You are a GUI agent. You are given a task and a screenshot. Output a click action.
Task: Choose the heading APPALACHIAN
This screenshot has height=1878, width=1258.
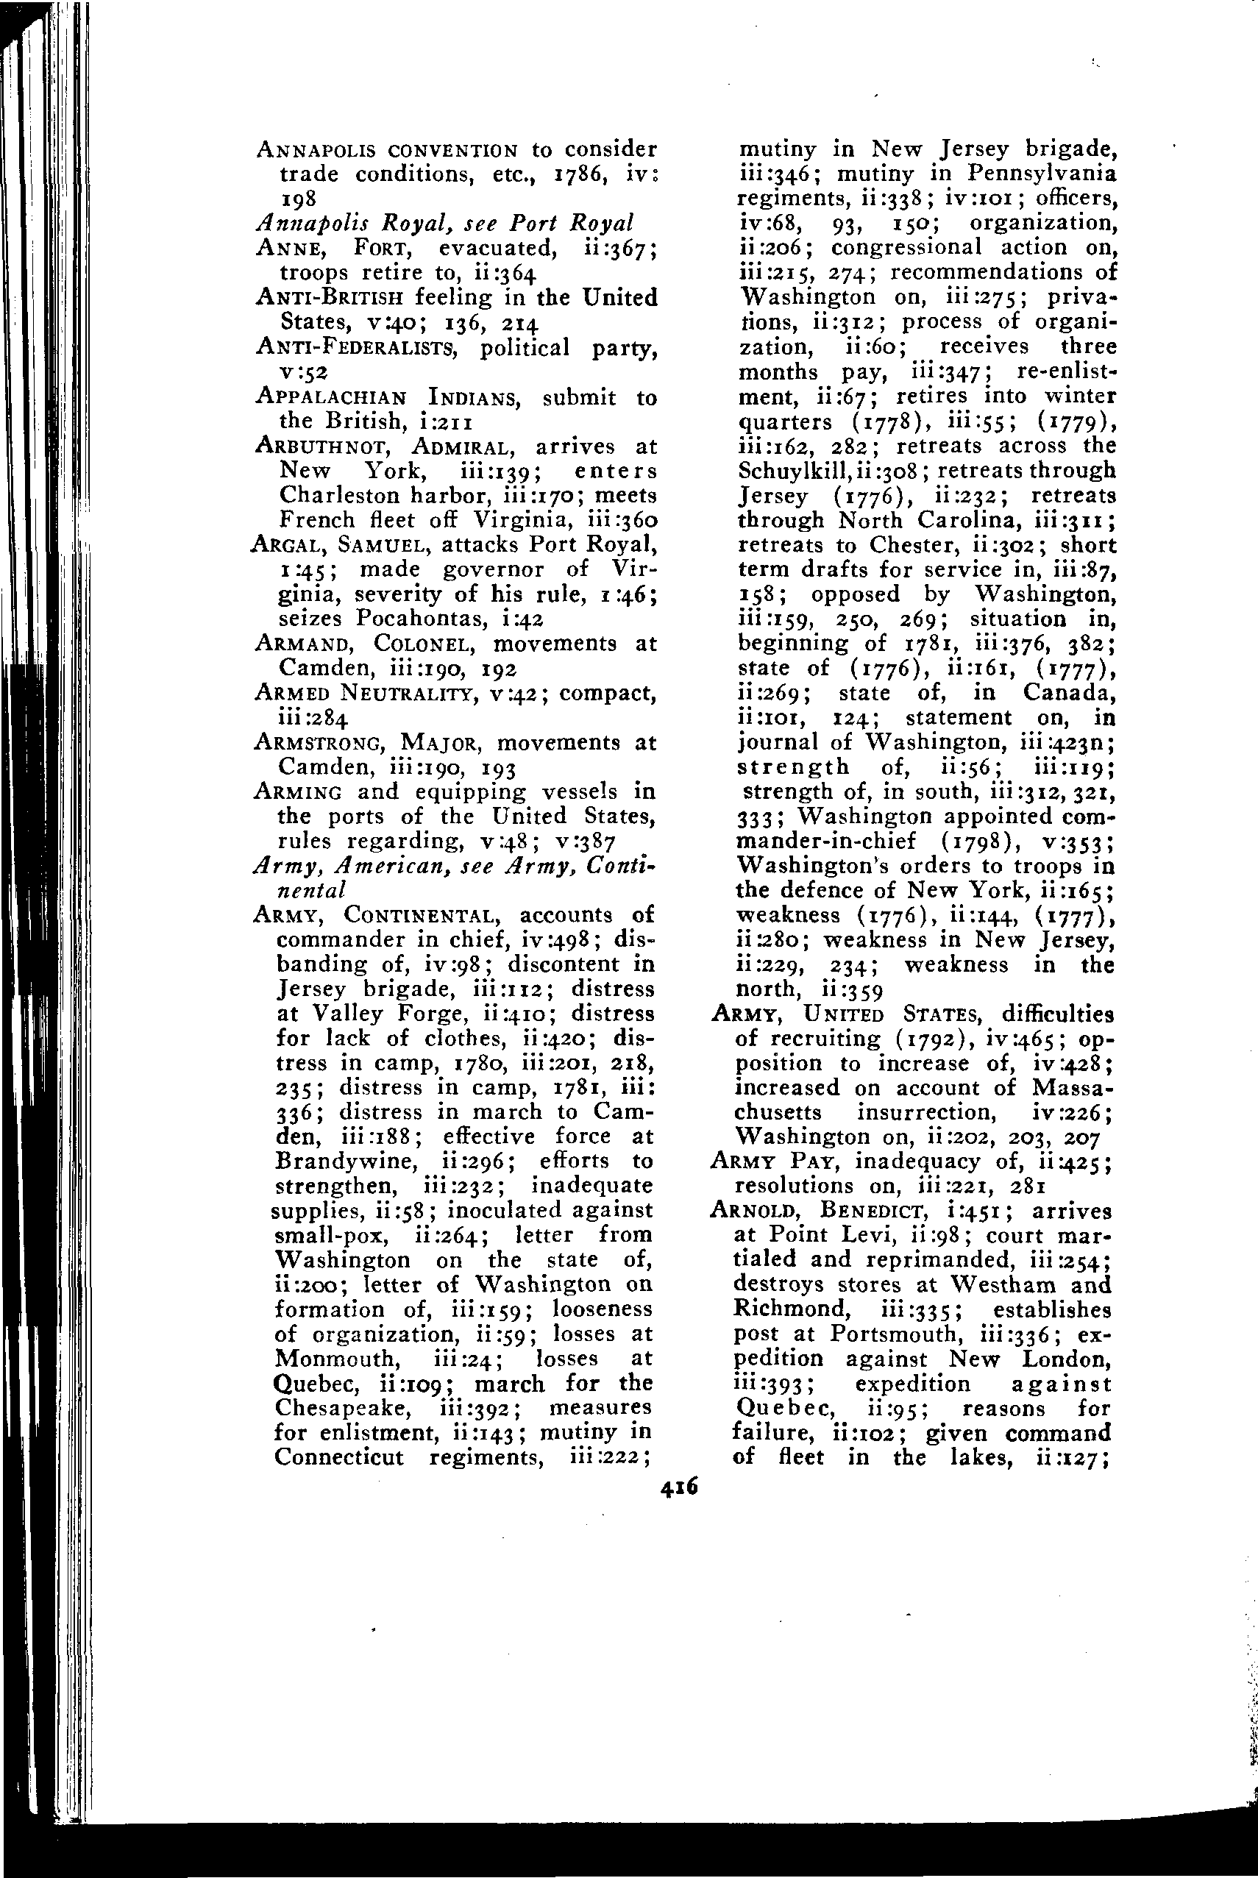pos(331,397)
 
